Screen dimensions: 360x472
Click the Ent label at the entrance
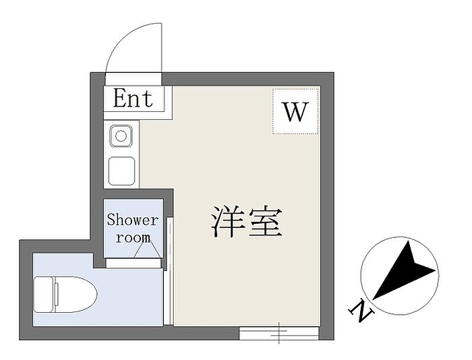[x=134, y=99]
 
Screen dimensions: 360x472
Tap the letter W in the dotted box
[x=295, y=112]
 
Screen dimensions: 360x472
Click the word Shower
[x=133, y=220]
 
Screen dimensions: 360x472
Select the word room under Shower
[x=133, y=237]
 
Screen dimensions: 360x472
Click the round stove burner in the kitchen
[x=121, y=136]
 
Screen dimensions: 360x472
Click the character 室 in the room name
[x=264, y=222]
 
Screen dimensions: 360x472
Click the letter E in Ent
[x=120, y=99]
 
